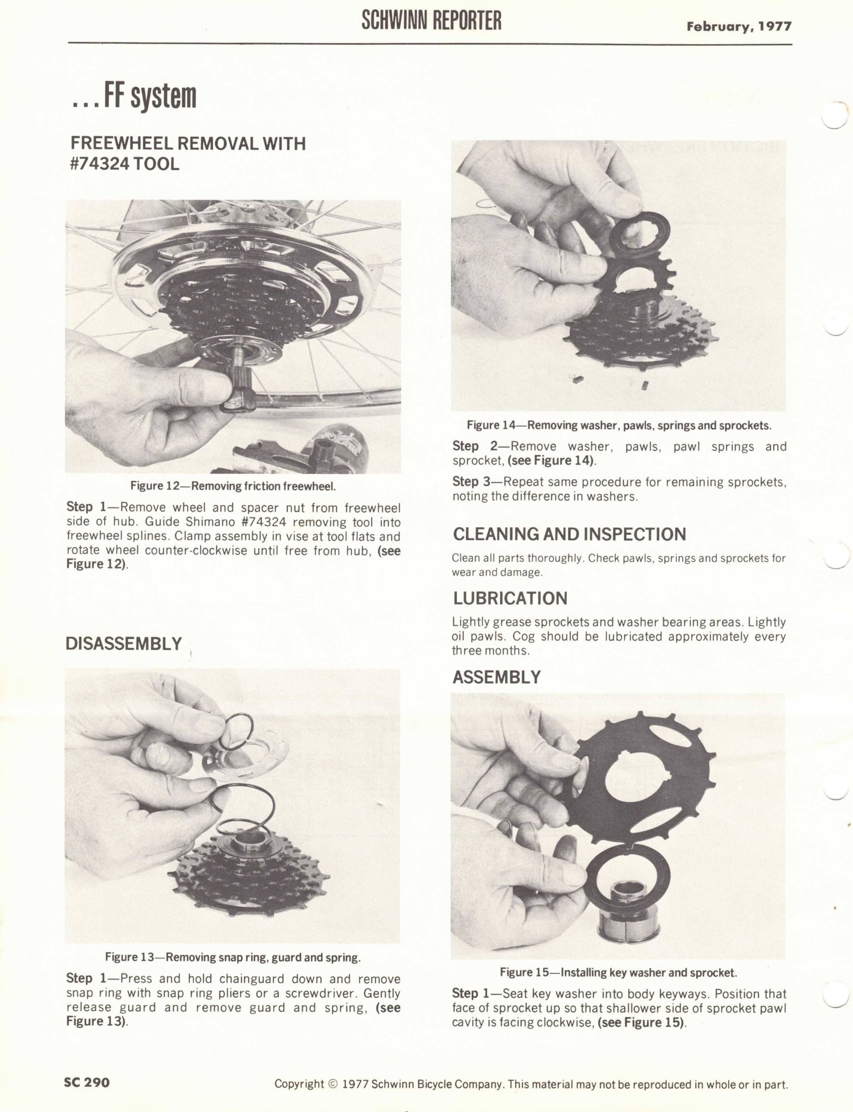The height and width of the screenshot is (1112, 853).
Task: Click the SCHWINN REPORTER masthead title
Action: click(x=431, y=20)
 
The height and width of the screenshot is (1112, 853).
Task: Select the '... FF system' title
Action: click(x=133, y=96)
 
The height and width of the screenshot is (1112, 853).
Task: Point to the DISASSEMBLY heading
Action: click(x=123, y=643)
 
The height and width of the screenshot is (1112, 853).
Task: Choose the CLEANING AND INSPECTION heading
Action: click(x=569, y=534)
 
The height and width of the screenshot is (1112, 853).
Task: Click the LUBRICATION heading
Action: click(x=510, y=598)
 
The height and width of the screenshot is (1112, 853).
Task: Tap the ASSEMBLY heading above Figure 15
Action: click(x=497, y=677)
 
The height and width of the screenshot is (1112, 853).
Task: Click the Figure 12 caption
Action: click(x=233, y=486)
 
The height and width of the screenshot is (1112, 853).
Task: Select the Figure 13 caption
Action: click(x=233, y=957)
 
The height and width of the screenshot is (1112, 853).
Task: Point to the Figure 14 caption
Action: click(x=619, y=426)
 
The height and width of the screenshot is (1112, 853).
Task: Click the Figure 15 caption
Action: click(x=619, y=972)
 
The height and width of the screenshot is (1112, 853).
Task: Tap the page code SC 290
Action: click(x=87, y=1082)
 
